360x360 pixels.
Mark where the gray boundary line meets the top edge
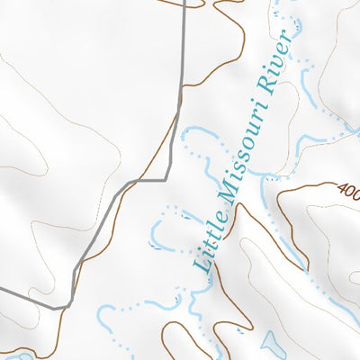coord(184,2)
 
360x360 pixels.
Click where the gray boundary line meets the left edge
coord(2,290)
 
